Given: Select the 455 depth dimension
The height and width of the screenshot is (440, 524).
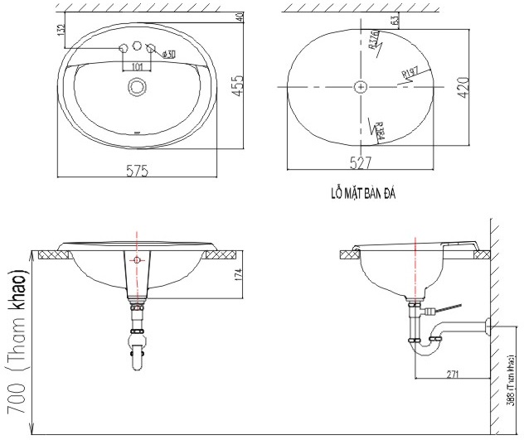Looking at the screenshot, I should (238, 86).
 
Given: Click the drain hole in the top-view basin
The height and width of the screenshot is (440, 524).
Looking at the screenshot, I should (137, 86).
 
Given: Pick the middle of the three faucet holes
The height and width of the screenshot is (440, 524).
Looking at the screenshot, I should (137, 46).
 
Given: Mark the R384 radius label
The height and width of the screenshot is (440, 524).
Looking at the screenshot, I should (378, 128).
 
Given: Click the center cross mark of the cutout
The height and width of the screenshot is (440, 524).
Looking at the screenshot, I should (360, 86).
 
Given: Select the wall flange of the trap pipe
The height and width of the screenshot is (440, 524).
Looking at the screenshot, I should (489, 326).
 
